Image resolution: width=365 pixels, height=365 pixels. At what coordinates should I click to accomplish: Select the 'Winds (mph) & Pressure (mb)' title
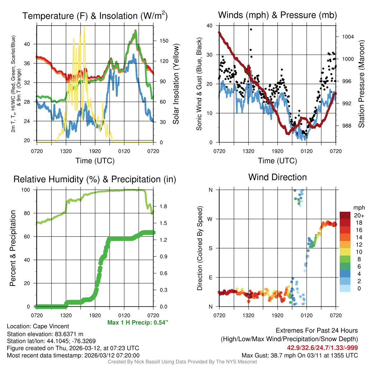pos(277,15)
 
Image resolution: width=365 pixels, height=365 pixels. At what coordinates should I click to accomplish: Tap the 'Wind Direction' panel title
pos(277,177)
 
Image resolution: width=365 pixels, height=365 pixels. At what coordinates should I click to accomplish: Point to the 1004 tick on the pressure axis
pos(347,37)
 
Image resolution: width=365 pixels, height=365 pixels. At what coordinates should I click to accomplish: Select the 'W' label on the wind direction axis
pos(210,219)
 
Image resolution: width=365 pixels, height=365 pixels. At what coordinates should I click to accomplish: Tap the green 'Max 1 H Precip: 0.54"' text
pos(138,323)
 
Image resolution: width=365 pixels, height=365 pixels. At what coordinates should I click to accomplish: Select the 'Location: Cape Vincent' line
pos(38,326)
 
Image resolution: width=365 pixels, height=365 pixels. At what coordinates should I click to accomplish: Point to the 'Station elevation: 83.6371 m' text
pos(45,334)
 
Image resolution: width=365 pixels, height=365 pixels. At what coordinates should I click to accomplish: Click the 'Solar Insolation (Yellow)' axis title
pos(176,84)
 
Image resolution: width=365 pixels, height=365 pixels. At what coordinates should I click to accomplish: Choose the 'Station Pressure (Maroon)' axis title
pos(361,84)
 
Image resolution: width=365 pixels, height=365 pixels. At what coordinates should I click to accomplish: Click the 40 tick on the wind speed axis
pos(210,26)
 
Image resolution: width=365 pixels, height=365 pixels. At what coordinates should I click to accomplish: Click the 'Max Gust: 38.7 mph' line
pos(299,355)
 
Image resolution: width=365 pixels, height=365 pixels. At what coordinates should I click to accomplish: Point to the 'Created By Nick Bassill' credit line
pos(182,362)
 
